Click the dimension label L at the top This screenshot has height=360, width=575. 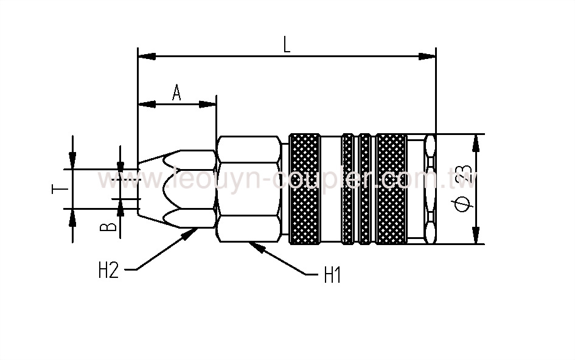coord(287,45)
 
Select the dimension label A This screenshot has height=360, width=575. coord(176,93)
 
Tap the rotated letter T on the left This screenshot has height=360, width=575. coord(58,189)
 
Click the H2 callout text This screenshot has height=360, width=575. coord(108,270)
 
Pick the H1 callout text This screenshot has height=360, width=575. coord(332,277)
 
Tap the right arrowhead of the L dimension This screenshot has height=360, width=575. coord(428,57)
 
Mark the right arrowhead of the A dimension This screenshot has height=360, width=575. coord(209,104)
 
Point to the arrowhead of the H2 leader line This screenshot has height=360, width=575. coord(193,232)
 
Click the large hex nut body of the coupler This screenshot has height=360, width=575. coord(248,189)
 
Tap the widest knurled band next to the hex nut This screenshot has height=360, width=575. coord(304,189)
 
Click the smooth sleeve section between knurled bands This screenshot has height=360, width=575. coord(330,189)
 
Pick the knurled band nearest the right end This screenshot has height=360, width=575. coord(391,189)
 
